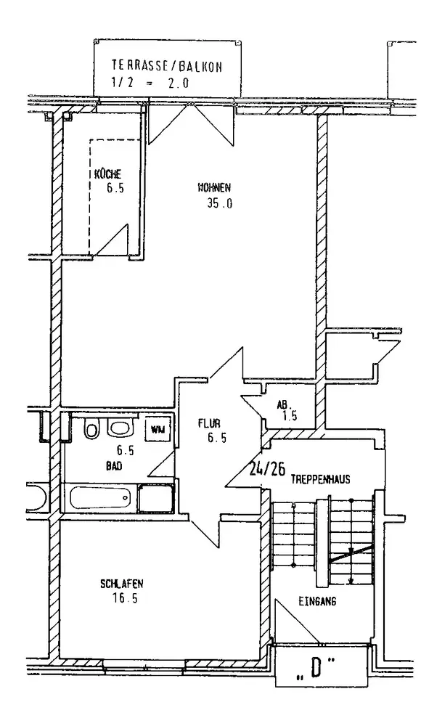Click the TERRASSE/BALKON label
pos(167,66)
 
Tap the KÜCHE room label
pos(108,174)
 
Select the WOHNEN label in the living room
pos(214,188)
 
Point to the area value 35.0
pos(220,203)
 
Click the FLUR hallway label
pos(209,423)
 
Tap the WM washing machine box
pos(158,429)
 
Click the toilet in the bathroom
pos(91,429)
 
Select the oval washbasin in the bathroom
pos(120,428)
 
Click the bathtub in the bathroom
pos(100,498)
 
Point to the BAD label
pos(114,466)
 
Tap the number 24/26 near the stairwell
pos(267,470)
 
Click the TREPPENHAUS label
pos(320,479)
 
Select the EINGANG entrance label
pos(317,602)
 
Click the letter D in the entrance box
pos(316,666)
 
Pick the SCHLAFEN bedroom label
pos(122,584)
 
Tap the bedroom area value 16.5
pos(125,599)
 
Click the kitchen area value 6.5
pos(115,189)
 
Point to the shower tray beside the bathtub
pos(156,498)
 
